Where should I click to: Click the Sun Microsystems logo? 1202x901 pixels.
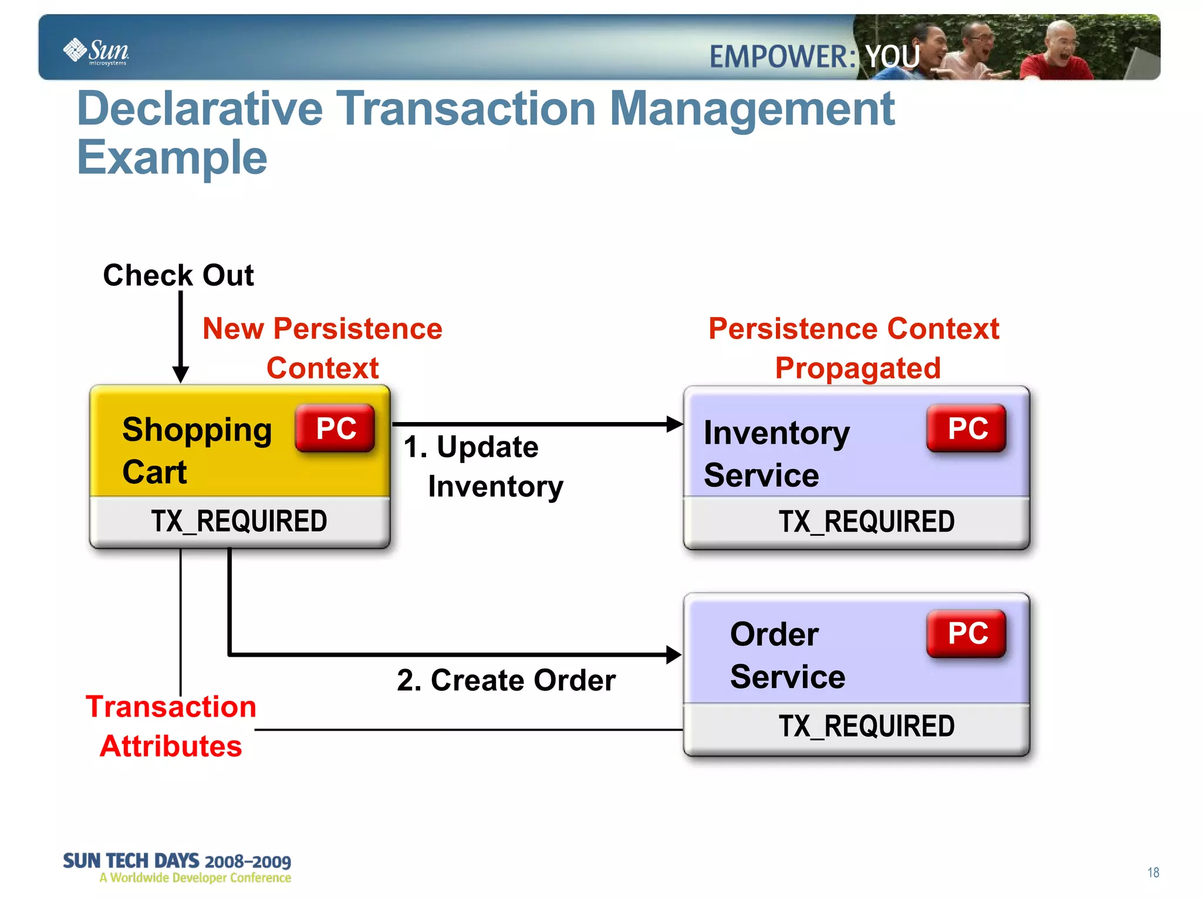[x=96, y=52]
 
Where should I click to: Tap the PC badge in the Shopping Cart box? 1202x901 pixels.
[x=335, y=428]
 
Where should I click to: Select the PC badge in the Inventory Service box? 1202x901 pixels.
[x=967, y=428]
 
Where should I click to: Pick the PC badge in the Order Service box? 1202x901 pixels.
[x=967, y=633]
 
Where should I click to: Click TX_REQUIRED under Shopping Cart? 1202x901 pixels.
[x=239, y=521]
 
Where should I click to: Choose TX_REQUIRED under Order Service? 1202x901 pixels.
[x=866, y=726]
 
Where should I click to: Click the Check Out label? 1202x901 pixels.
[x=178, y=275]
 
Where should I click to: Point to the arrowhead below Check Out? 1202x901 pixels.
[x=181, y=374]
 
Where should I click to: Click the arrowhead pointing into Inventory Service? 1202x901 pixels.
[x=674, y=424]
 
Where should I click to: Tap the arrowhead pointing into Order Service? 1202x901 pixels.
[x=673, y=654]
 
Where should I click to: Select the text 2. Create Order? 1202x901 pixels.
[x=506, y=680]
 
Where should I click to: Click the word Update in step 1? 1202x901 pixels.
[x=487, y=447]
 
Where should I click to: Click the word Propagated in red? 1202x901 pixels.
[x=857, y=368]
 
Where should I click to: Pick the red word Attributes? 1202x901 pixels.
[x=171, y=746]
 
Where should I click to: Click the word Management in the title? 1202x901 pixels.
[x=752, y=109]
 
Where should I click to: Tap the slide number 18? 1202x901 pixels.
[x=1153, y=872]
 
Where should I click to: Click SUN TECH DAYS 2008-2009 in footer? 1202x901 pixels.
[x=177, y=861]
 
